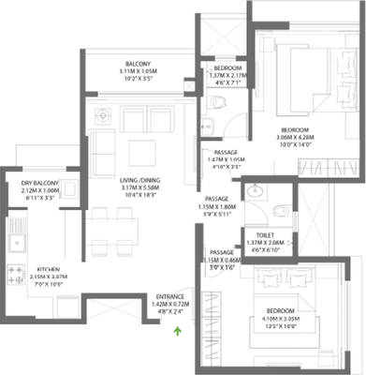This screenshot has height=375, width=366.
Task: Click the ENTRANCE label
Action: point(169,294)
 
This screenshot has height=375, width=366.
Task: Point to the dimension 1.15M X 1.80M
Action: point(220,206)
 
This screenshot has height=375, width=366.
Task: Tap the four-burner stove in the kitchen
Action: point(15,274)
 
